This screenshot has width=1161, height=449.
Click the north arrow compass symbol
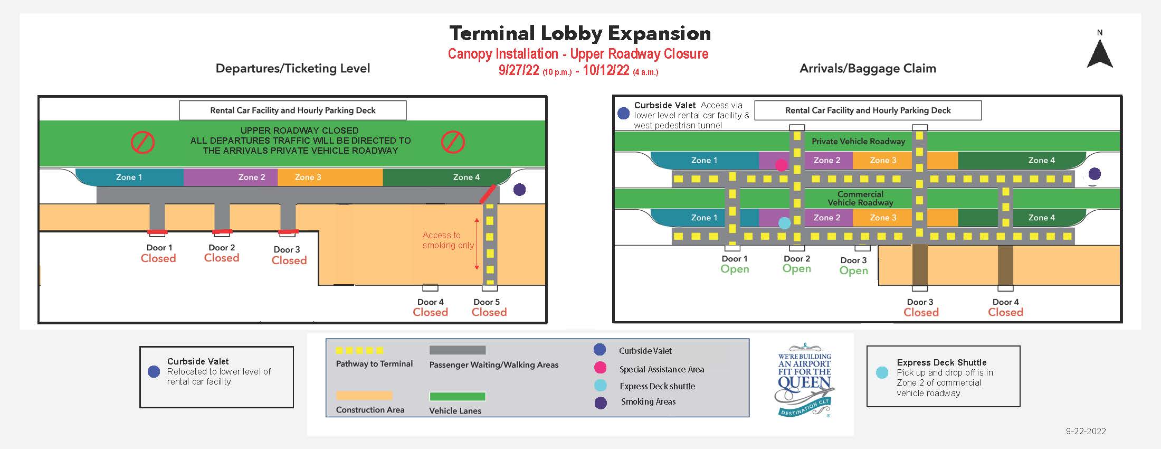click(x=1100, y=53)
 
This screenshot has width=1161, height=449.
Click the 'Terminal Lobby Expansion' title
click(x=580, y=33)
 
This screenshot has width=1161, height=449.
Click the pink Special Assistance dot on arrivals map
click(x=781, y=165)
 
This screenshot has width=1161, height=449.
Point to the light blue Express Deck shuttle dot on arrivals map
click(x=785, y=223)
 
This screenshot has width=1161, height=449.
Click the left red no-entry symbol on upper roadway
click(x=142, y=142)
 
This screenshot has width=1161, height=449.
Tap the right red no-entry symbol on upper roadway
click(x=453, y=142)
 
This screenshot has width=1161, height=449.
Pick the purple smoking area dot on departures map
click(x=519, y=190)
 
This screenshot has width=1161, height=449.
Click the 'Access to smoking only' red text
click(x=448, y=240)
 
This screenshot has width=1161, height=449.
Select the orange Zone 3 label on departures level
click(x=308, y=177)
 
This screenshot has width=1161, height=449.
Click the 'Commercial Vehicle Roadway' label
click(x=860, y=198)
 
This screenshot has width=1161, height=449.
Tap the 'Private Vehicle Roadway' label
click(x=858, y=142)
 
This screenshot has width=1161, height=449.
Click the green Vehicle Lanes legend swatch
click(x=457, y=397)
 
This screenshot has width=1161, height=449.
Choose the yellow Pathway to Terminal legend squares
click(x=359, y=350)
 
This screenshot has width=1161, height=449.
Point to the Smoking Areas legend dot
click(x=601, y=403)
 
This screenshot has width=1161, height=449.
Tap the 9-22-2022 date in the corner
click(x=1086, y=431)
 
